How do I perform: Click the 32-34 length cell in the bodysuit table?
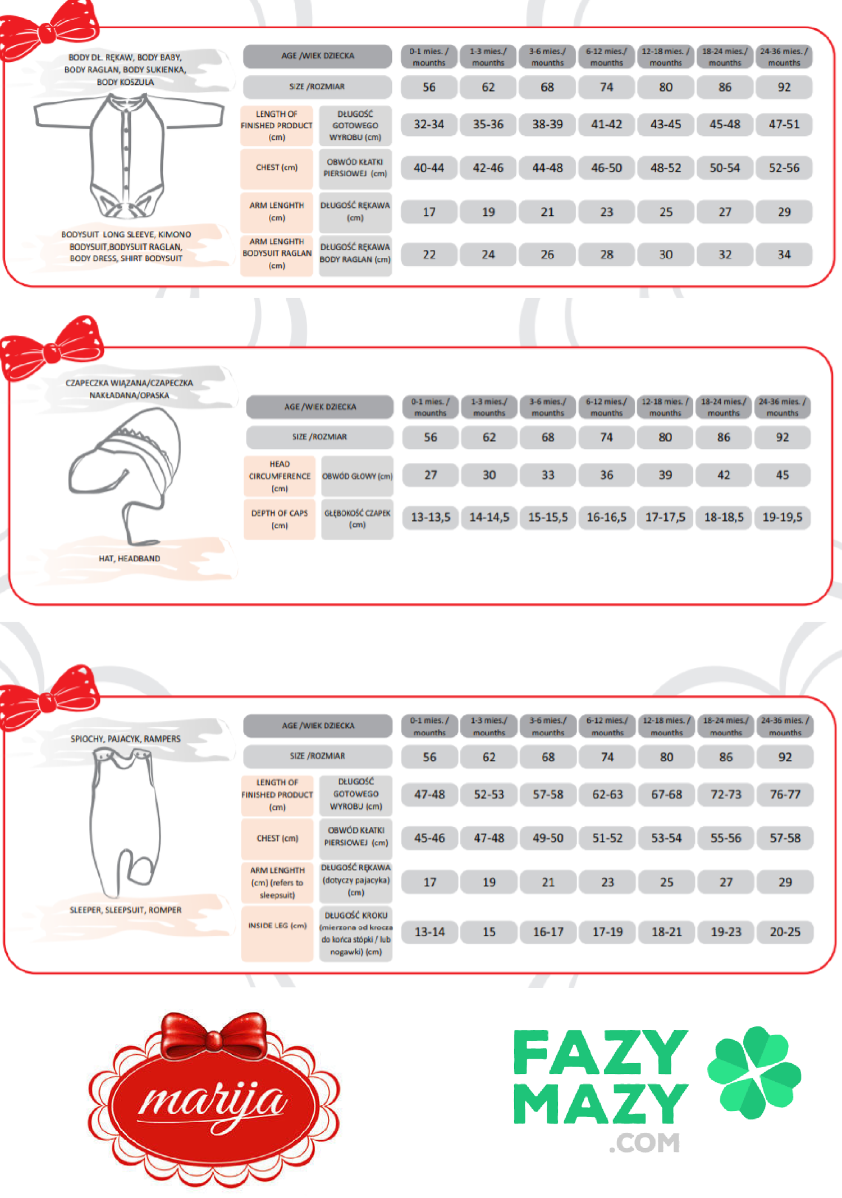(x=429, y=124)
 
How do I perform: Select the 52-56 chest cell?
(x=784, y=167)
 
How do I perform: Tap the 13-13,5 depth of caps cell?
(x=431, y=517)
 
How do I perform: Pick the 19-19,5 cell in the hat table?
(x=782, y=517)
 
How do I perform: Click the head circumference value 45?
(x=782, y=475)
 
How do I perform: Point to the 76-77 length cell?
(x=785, y=794)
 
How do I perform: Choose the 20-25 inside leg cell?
(x=785, y=932)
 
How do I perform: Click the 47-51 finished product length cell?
(x=784, y=124)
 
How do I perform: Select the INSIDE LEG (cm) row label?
(x=277, y=926)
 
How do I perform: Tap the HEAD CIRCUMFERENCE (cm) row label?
(x=280, y=476)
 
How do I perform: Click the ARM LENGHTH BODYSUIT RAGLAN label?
(x=277, y=253)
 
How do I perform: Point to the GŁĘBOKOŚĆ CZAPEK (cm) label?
(x=357, y=518)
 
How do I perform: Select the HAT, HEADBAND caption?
(x=130, y=558)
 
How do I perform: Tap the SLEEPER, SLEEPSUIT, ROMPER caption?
(x=126, y=910)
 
